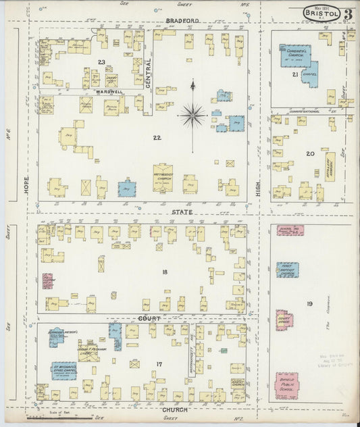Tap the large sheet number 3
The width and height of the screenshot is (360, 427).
347,14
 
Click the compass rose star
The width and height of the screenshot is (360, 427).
192,116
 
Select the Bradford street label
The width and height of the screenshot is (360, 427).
182,22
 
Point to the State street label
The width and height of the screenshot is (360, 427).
182,212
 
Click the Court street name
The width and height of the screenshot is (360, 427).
149,318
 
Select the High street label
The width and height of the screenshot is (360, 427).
259,192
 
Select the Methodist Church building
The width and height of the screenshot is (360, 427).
163,176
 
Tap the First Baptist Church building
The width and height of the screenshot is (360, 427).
287,270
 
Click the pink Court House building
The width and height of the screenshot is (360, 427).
284,320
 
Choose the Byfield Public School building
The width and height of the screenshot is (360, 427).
286,385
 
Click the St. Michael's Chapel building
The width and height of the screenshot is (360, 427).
63,370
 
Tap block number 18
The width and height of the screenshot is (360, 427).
164,272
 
